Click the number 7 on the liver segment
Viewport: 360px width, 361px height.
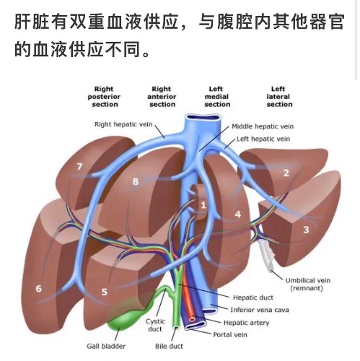(79, 166)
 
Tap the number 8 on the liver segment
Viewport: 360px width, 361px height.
(136, 181)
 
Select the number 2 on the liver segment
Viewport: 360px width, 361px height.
(286, 173)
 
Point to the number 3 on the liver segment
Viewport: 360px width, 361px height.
(306, 230)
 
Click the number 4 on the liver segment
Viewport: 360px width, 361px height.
(238, 214)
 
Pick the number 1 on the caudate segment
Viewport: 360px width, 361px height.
(203, 205)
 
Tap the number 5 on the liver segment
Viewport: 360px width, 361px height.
(104, 292)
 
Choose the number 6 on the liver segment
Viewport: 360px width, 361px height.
(38, 288)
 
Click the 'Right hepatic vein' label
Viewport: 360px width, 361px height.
(123, 124)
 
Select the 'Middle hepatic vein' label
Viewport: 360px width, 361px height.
(263, 126)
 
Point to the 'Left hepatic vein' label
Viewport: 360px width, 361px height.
(263, 139)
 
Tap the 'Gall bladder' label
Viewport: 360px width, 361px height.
(106, 346)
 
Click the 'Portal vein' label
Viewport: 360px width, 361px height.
(230, 334)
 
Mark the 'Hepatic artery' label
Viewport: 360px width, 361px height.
(246, 323)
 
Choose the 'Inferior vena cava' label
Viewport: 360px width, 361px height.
(260, 310)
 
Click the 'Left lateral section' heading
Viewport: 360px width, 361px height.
(279, 97)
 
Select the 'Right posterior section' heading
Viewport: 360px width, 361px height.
(104, 97)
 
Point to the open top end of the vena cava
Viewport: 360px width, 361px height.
(203, 118)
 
